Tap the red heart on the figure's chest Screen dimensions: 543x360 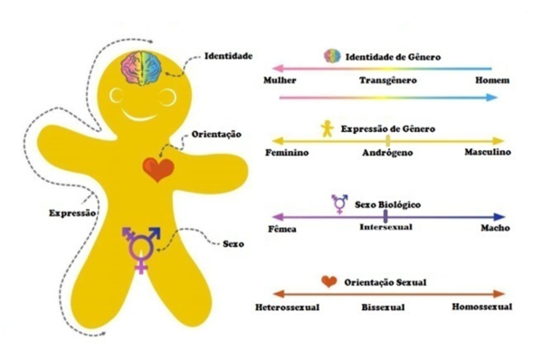(158, 170)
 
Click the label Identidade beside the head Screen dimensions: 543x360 (228, 56)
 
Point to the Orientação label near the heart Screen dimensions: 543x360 (216, 135)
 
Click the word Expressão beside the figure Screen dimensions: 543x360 (72, 213)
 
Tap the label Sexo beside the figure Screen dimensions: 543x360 (233, 244)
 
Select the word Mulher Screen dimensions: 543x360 (280, 81)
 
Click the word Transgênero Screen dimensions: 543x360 (388, 81)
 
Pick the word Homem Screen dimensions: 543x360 (492, 81)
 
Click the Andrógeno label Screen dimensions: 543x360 (387, 153)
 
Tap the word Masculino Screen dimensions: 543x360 (488, 152)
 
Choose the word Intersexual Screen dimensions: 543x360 (386, 227)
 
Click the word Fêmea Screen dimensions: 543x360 (282, 229)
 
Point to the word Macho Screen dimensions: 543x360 (495, 228)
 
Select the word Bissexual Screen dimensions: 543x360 (383, 308)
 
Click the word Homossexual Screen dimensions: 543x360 (481, 307)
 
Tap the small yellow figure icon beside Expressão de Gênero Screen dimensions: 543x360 (327, 128)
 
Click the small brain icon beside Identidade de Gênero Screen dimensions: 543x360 (332, 56)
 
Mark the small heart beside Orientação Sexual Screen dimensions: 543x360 (329, 282)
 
